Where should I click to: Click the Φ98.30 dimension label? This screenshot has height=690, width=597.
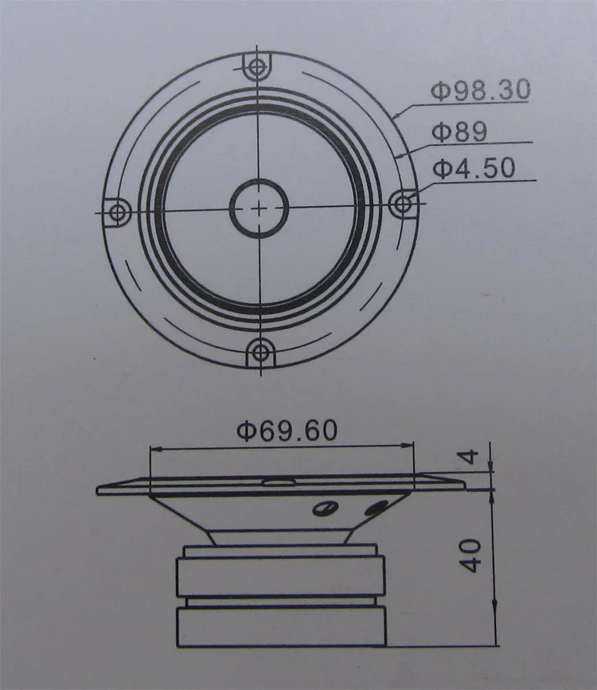tap(480, 90)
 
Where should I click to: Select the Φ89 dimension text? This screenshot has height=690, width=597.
tap(459, 131)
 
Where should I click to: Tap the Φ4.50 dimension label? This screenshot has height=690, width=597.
tap(474, 168)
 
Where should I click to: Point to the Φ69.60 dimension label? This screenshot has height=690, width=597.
tap(287, 431)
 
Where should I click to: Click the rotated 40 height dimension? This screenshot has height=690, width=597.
tap(471, 556)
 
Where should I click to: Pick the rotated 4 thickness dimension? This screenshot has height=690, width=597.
tap(470, 456)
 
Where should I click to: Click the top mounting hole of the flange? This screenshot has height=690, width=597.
tap(256, 67)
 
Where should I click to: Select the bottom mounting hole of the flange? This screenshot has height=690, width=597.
tap(260, 352)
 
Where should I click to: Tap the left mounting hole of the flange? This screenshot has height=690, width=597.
tap(117, 213)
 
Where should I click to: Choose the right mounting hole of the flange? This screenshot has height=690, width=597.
tap(402, 204)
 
